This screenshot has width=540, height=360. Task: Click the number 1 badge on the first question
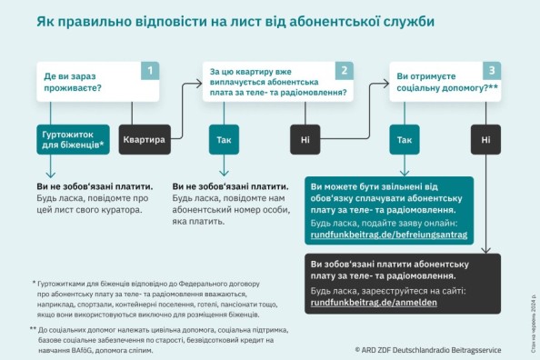pos(152,70)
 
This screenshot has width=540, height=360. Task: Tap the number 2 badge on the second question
pos(343,70)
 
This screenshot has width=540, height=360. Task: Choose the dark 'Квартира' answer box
pos(145,140)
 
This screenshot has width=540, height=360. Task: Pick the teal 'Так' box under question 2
pos(225,140)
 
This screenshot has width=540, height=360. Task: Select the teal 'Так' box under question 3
pos(405,140)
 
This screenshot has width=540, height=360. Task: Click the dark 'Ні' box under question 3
pos(485,140)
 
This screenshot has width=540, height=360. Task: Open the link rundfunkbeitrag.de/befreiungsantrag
pos(388,235)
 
